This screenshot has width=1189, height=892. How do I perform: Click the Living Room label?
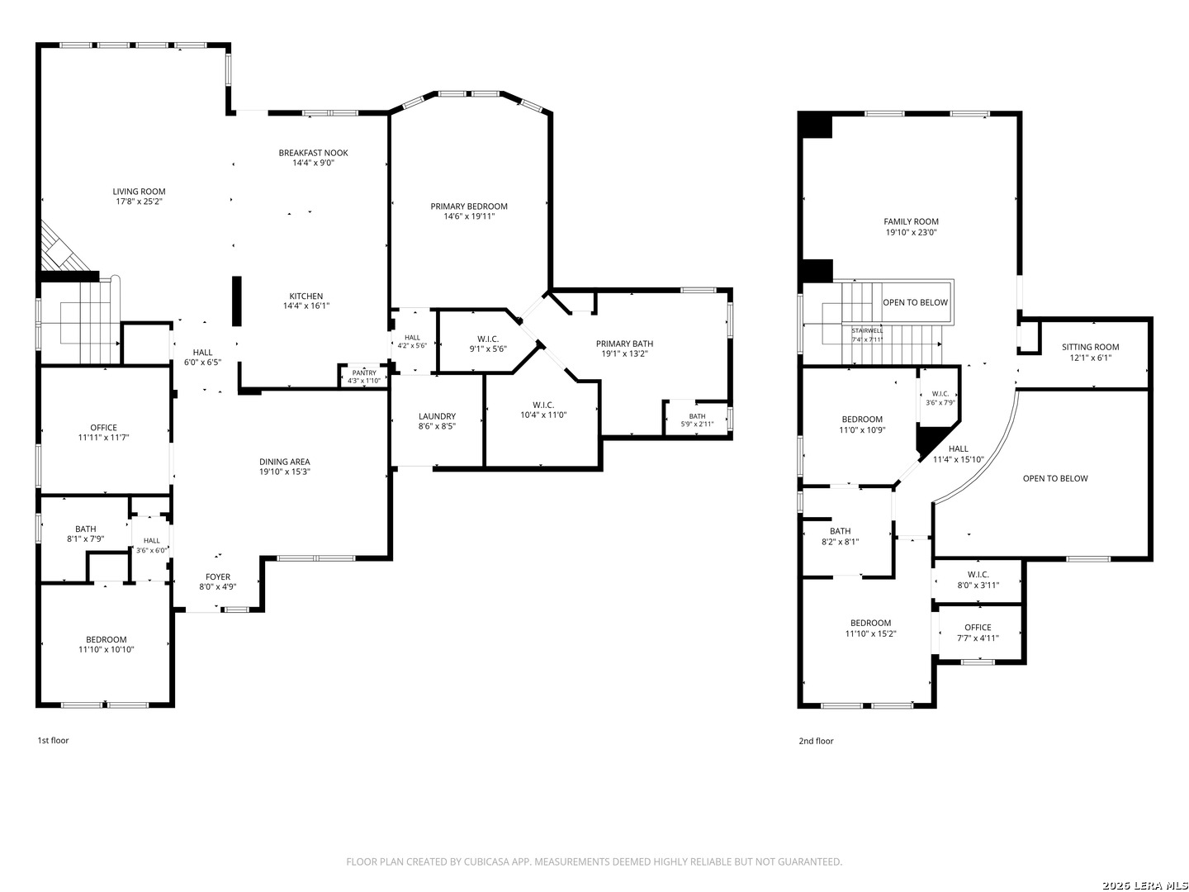139,191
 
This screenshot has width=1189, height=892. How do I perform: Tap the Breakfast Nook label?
313,153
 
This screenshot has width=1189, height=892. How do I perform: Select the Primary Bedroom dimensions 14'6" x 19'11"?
468,216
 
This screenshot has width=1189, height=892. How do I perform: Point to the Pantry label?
364,372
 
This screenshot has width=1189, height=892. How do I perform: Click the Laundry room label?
437,416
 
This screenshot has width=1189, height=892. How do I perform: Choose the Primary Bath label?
624,344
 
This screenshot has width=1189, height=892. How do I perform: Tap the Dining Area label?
284,462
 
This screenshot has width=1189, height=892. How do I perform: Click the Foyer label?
218,576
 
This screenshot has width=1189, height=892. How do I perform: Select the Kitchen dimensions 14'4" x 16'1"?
306,306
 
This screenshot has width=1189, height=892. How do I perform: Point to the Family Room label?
911,221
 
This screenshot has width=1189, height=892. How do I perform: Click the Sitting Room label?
1090,347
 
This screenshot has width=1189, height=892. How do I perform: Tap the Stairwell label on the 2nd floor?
867,330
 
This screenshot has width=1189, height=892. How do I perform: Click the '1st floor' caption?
53,740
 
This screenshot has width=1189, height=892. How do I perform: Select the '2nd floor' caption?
816,741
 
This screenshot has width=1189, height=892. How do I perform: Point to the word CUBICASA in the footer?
486,861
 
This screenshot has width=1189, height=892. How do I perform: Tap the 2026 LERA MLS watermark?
1144,885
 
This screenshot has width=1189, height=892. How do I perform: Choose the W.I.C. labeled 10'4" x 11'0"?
542,410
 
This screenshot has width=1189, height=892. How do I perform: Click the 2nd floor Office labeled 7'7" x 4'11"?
977,633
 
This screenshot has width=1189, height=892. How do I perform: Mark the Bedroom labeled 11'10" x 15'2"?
870,629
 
